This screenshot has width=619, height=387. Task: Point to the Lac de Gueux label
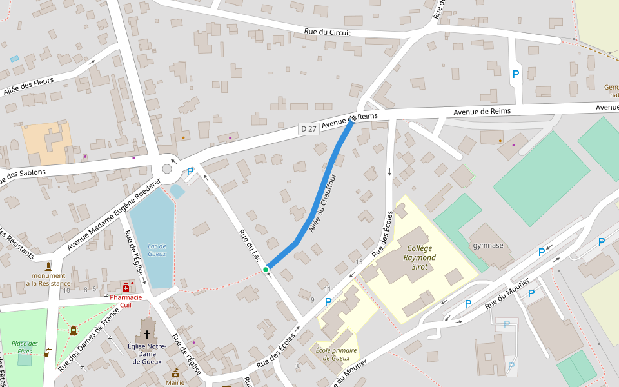[157, 250]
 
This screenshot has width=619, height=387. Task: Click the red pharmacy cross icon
[126, 287]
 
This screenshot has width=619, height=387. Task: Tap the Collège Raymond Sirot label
[420, 257]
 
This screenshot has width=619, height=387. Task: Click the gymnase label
[487, 245]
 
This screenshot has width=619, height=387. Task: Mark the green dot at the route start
[266, 270]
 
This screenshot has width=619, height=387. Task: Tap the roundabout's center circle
[167, 169]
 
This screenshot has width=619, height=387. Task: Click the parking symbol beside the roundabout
[190, 172]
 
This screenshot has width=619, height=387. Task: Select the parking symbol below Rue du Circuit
[515, 75]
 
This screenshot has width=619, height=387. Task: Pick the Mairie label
[175, 382]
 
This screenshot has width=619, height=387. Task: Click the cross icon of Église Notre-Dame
[147, 335]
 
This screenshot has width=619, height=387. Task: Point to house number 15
[359, 261]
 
